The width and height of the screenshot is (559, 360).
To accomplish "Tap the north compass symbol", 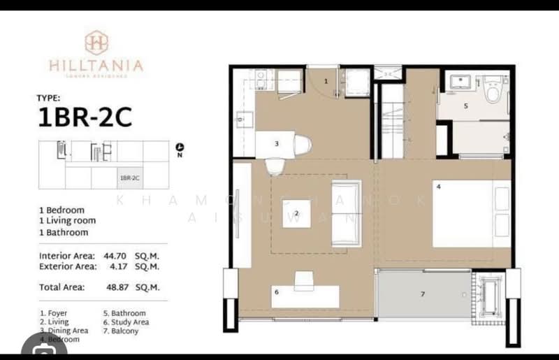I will pyautogui.click(x=180, y=147).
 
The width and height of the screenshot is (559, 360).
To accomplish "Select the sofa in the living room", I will pyautogui.click(x=346, y=213).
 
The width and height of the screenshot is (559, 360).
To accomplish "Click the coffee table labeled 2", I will pyautogui.click(x=297, y=213).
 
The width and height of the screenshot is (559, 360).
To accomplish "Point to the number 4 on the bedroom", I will pyautogui.click(x=438, y=187).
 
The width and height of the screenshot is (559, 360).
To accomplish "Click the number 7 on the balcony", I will pyautogui.click(x=422, y=294).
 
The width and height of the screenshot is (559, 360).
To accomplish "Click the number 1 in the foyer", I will pyautogui.click(x=326, y=81).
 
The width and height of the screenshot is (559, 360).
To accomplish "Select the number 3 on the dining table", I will pyautogui.click(x=277, y=144).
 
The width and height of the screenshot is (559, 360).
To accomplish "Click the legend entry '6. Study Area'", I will pyautogui.click(x=126, y=322).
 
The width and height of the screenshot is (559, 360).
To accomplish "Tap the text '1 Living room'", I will pyautogui.click(x=68, y=221).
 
